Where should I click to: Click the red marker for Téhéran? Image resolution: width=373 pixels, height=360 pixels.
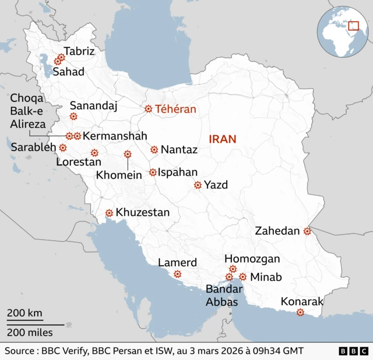148,109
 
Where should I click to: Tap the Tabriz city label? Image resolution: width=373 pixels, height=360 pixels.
79,51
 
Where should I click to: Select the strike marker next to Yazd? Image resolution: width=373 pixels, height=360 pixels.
198,185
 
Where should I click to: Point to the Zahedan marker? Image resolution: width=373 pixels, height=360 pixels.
307,232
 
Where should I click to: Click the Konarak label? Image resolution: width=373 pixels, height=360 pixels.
302,302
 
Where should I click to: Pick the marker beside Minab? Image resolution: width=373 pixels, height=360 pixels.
242,277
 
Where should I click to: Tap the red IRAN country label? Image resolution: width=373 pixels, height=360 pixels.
223,139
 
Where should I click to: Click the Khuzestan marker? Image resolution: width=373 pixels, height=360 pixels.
109,213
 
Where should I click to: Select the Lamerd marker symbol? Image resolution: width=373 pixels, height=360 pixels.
177,274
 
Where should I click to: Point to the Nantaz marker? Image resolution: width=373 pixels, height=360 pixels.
154,150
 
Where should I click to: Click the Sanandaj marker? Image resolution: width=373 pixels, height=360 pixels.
73,117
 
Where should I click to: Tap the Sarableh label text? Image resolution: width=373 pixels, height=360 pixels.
33,147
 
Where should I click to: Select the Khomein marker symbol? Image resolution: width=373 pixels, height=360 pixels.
127,154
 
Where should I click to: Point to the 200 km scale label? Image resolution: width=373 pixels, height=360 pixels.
24,313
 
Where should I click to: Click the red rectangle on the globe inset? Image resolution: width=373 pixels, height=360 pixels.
353,26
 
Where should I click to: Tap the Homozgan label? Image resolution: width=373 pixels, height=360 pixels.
252,258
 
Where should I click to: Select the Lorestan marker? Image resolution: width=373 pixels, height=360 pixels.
94,153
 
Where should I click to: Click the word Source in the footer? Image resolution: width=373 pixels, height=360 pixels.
20,351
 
